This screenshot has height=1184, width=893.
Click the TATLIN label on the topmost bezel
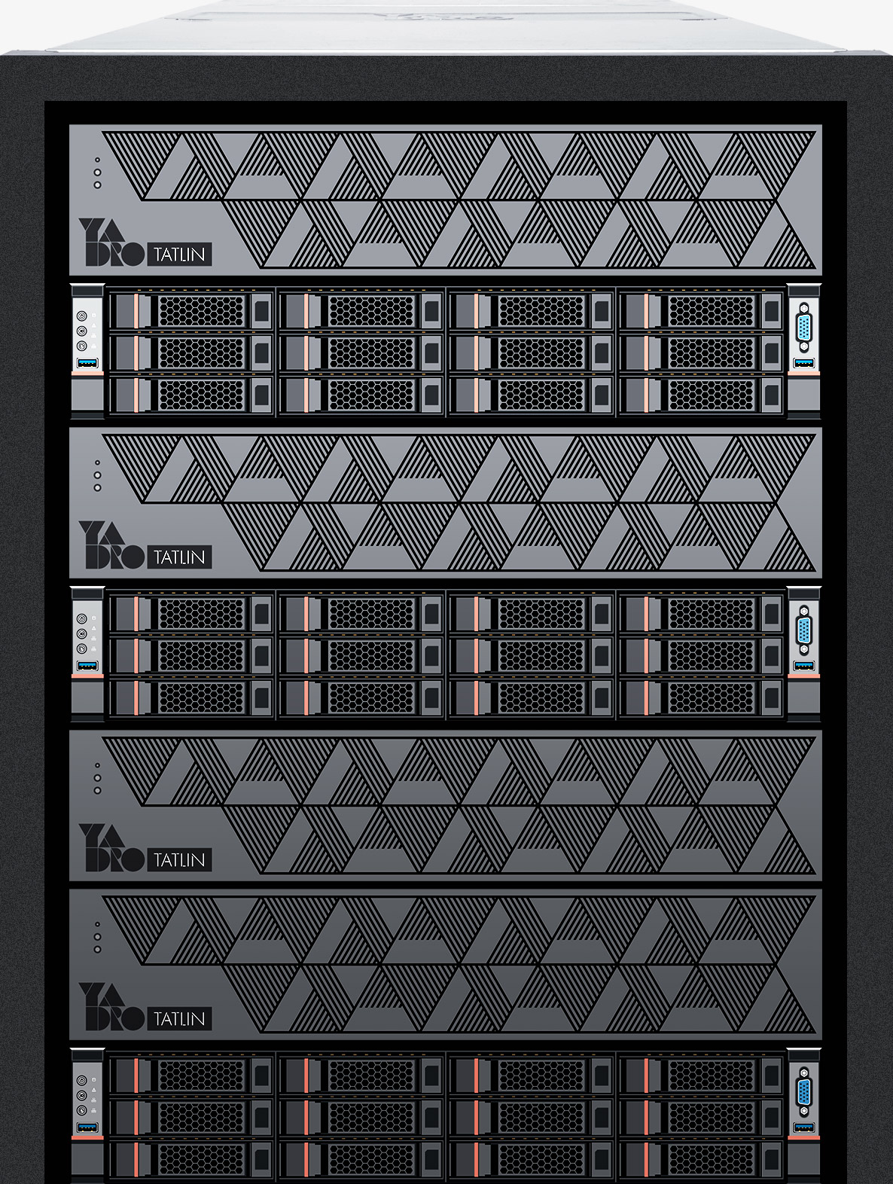(x=179, y=255)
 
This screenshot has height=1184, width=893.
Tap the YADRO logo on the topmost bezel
(x=111, y=243)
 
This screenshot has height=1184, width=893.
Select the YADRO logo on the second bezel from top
(x=111, y=545)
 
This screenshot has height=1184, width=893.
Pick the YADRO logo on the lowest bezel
(x=111, y=1006)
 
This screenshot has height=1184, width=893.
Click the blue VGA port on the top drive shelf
(x=803, y=328)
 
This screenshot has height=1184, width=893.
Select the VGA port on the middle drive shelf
(x=803, y=630)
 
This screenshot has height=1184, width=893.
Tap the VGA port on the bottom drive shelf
(x=803, y=1092)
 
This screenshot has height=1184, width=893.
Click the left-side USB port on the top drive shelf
(x=87, y=363)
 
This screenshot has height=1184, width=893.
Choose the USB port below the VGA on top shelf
(x=803, y=363)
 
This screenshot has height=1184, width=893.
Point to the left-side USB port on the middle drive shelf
(x=87, y=666)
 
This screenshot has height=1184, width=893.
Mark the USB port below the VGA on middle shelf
(x=803, y=666)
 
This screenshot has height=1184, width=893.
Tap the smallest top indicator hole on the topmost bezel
(x=98, y=160)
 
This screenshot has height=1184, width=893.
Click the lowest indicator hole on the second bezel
(x=98, y=487)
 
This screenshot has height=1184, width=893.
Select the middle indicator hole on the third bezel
(x=98, y=778)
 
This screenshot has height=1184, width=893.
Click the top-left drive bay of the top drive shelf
(x=191, y=311)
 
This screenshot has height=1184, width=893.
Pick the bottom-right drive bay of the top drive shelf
(x=701, y=395)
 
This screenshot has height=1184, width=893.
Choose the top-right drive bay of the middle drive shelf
(x=701, y=613)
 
